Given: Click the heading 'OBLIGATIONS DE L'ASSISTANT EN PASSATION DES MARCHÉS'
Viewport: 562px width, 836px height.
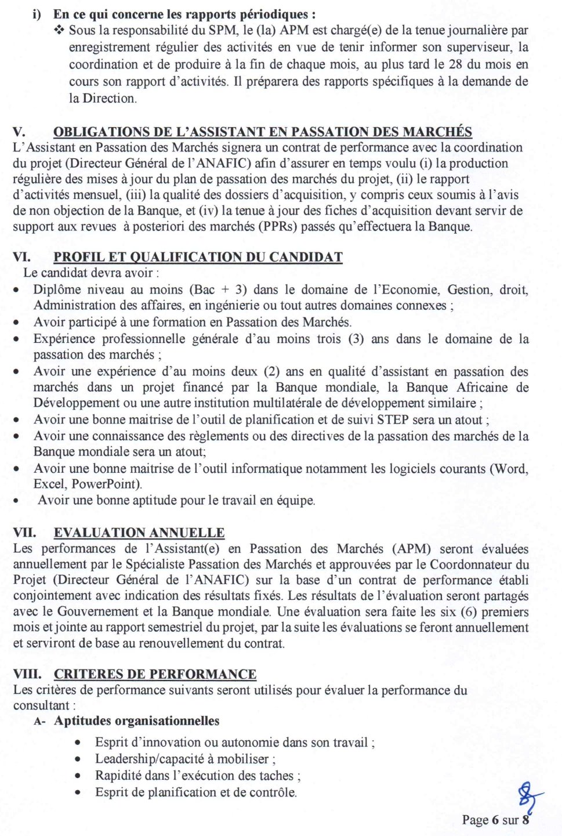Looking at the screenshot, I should tap(262, 132).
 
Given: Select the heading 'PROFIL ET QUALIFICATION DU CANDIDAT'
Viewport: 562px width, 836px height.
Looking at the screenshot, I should tap(198, 257).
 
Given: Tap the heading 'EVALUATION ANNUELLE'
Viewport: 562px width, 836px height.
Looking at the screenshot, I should tap(139, 533).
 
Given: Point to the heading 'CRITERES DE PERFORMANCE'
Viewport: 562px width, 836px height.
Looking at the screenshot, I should tap(155, 674).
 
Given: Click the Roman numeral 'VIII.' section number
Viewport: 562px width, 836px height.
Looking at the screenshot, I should tap(27, 674).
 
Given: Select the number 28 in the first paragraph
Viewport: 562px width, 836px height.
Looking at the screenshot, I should tap(455, 64).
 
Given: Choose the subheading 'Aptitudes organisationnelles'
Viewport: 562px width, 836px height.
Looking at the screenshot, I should tap(136, 721).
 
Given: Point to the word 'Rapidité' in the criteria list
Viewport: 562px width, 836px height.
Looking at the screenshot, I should tap(119, 776).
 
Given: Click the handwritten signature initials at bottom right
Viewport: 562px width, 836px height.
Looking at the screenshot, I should tap(528, 796).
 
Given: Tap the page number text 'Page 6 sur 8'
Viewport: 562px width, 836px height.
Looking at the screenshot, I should tap(495, 820).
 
